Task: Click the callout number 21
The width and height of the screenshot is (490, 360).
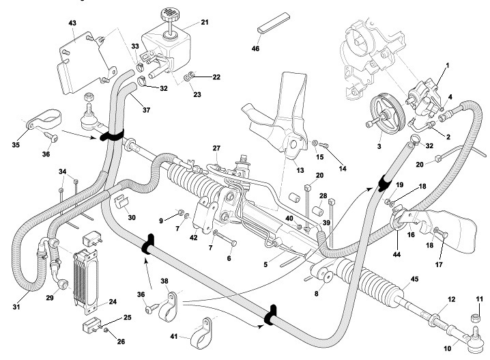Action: click(x=205, y=23)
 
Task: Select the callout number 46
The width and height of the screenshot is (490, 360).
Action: click(x=255, y=49)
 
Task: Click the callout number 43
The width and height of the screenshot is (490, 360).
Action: click(x=72, y=23)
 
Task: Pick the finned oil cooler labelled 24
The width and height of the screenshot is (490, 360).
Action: click(x=85, y=282)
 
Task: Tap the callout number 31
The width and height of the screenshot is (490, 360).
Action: click(x=16, y=307)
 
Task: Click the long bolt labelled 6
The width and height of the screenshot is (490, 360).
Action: click(x=225, y=238)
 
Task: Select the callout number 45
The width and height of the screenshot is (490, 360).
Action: click(x=415, y=279)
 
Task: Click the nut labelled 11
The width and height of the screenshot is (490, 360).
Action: click(x=476, y=318)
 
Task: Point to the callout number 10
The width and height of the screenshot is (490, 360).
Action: click(x=448, y=348)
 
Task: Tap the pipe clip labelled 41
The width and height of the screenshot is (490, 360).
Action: click(x=201, y=333)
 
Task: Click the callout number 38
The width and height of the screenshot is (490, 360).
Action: click(x=164, y=281)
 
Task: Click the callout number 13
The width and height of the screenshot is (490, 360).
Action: click(x=300, y=171)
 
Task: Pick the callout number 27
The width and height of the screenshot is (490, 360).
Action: click(x=216, y=148)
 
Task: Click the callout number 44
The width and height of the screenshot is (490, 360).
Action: click(x=397, y=254)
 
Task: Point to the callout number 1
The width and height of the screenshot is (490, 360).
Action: click(x=448, y=66)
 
